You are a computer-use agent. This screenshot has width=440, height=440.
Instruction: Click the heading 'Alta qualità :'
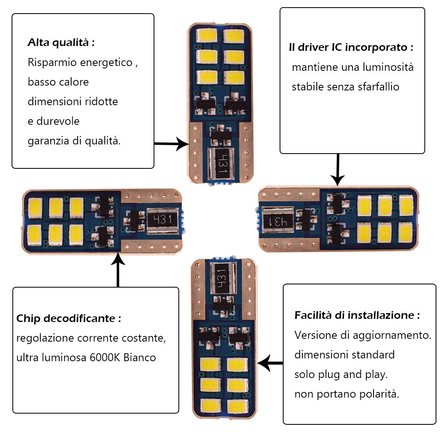click(x=61, y=42)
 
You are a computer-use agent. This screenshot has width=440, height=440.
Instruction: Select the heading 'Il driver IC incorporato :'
click(x=351, y=47)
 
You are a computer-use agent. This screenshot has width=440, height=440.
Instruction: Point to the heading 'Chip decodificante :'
click(x=68, y=318)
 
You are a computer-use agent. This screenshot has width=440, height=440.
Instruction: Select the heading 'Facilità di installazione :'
click(x=357, y=315)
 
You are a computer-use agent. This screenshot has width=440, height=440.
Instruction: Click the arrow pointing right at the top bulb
click(x=172, y=144)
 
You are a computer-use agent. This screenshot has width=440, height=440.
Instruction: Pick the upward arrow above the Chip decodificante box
click(x=118, y=270)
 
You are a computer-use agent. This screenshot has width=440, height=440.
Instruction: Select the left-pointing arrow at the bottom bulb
click(x=270, y=363)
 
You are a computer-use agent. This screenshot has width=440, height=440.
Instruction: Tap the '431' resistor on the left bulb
click(x=162, y=220)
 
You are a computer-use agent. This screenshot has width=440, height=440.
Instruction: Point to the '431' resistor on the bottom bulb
click(x=220, y=276)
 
